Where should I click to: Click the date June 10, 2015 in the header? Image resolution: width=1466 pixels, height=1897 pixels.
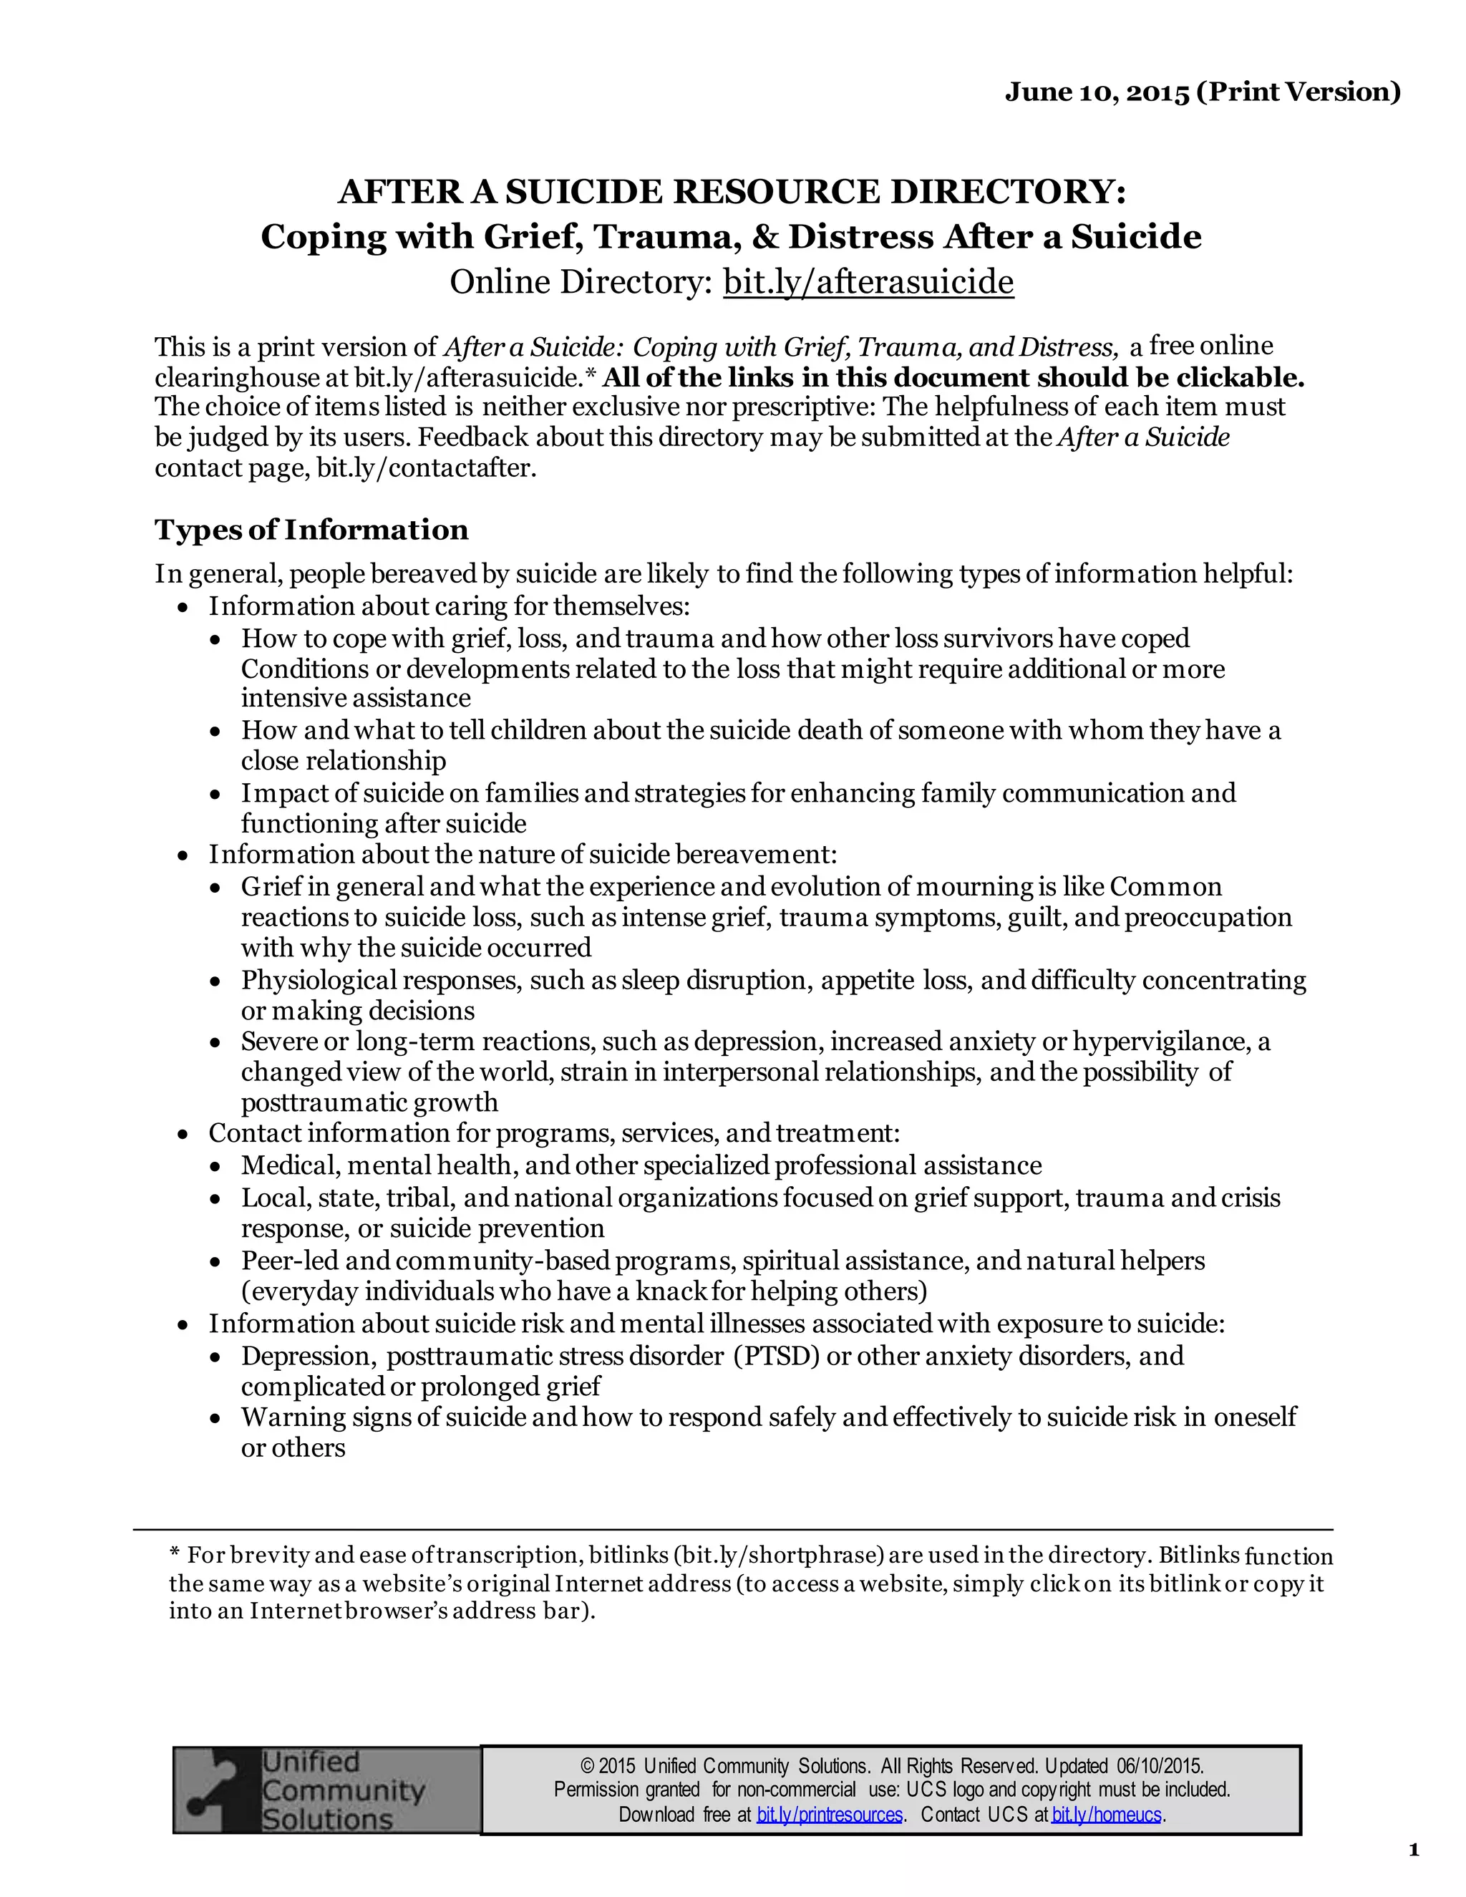pyautogui.click(x=1096, y=92)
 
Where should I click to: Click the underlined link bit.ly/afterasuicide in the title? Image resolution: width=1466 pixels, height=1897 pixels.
pyautogui.click(x=868, y=282)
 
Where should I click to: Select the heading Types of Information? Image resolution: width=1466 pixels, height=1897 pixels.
pyautogui.click(x=311, y=530)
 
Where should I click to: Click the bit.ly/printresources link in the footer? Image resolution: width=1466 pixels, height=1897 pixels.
pyautogui.click(x=830, y=1815)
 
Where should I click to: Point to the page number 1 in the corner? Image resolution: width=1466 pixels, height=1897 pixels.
pyautogui.click(x=1413, y=1850)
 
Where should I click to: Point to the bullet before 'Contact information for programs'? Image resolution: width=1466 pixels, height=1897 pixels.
pyautogui.click(x=183, y=1135)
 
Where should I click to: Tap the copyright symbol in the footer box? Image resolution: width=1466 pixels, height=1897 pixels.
pyautogui.click(x=587, y=1767)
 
